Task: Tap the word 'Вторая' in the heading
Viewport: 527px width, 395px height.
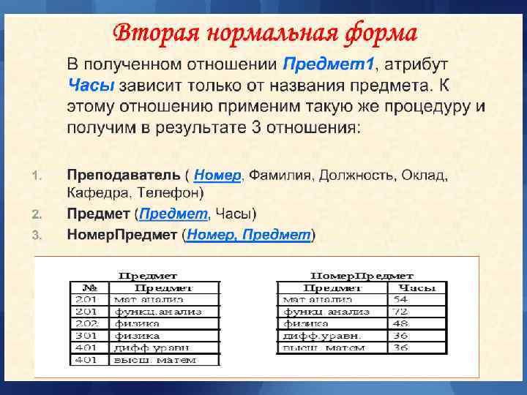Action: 154,33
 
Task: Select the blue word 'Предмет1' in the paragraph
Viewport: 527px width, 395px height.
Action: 329,64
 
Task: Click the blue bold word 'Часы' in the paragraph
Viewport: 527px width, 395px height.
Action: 91,86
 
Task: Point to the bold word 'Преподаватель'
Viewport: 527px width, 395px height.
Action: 123,176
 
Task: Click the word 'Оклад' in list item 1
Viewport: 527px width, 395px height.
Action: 423,176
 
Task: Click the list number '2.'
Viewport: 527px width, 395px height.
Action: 39,214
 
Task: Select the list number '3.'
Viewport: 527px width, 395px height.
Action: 39,235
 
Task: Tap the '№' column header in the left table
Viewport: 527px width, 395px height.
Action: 90,288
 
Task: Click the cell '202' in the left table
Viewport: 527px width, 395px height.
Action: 87,323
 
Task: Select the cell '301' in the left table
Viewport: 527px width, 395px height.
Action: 87,336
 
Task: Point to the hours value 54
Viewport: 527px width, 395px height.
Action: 401,300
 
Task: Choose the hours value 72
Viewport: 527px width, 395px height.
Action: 401,312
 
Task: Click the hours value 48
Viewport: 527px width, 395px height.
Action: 401,323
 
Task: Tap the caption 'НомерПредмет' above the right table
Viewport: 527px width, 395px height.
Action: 362,276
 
